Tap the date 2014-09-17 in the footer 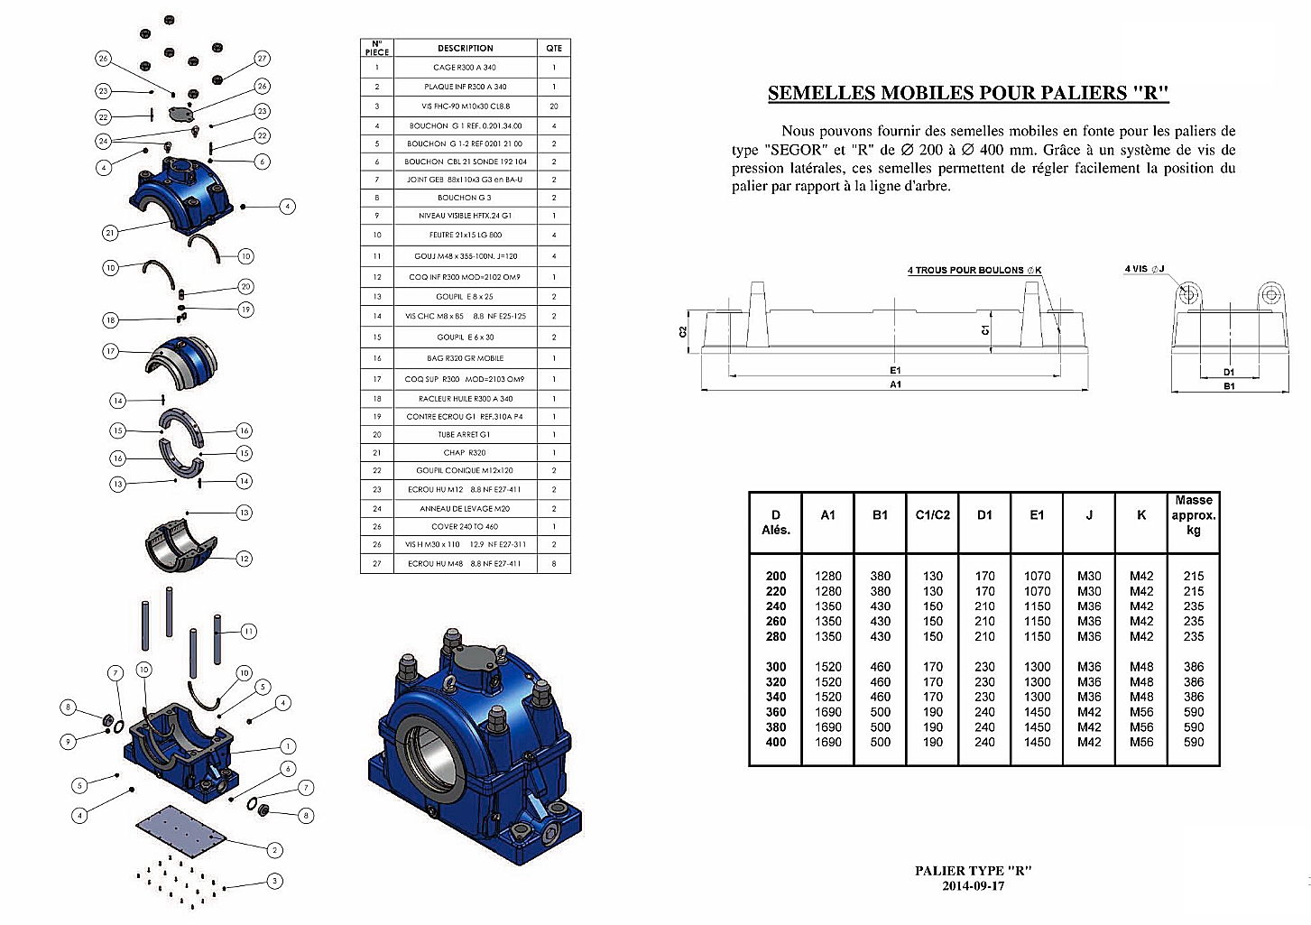(973, 885)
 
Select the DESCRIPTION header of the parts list (466, 48)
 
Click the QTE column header (554, 48)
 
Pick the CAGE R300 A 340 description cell (466, 68)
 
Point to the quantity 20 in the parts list (554, 106)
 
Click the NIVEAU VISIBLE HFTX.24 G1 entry (466, 216)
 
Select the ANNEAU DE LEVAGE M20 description (466, 508)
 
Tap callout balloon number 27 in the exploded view (262, 59)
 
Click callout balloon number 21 (109, 233)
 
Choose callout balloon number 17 (110, 351)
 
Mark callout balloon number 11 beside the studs (248, 632)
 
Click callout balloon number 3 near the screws (274, 881)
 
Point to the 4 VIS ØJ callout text (1144, 269)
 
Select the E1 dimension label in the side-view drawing (895, 370)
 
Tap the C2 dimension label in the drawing (683, 331)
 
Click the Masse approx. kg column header (1193, 515)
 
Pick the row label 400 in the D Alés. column (776, 742)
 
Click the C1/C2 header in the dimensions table (932, 515)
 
